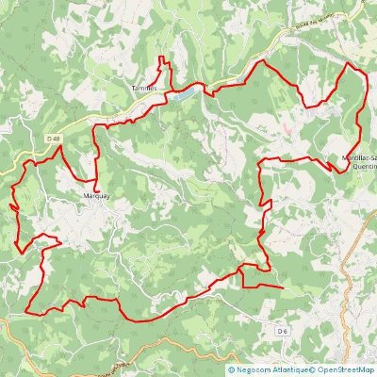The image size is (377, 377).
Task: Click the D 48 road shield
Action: (53, 140)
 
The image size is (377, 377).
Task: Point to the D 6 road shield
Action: (282, 332)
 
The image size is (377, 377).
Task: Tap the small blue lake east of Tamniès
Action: (183, 94)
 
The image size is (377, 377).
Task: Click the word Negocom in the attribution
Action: (259, 369)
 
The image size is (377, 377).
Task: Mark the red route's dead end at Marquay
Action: (97, 178)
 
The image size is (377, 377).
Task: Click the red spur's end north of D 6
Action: (282, 286)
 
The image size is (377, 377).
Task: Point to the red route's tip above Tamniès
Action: (160, 58)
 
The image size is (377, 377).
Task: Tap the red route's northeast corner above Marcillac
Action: (349, 64)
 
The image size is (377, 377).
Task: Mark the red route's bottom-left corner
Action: (26, 311)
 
